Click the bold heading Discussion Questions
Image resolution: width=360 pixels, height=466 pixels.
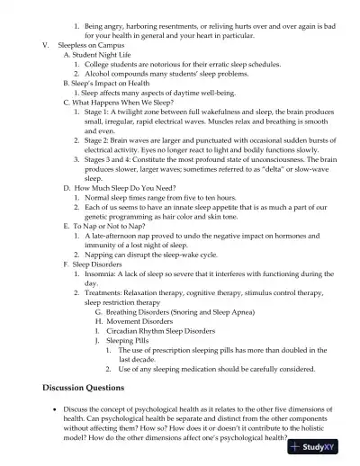click(x=84, y=388)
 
